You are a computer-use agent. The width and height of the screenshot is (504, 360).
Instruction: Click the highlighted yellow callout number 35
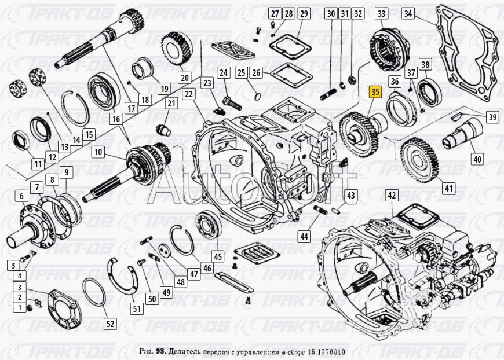click(375, 91)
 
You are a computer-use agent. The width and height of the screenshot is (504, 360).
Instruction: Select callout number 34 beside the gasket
click(425, 13)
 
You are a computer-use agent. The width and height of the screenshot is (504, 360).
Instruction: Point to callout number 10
click(98, 153)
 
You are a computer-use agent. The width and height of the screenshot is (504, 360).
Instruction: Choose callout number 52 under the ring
click(109, 324)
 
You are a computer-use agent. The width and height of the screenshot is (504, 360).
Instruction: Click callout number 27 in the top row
click(275, 13)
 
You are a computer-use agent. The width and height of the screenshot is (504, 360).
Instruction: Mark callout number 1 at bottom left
click(19, 307)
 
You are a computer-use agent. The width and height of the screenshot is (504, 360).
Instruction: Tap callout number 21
click(171, 104)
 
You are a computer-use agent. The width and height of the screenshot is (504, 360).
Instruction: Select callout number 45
click(217, 256)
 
